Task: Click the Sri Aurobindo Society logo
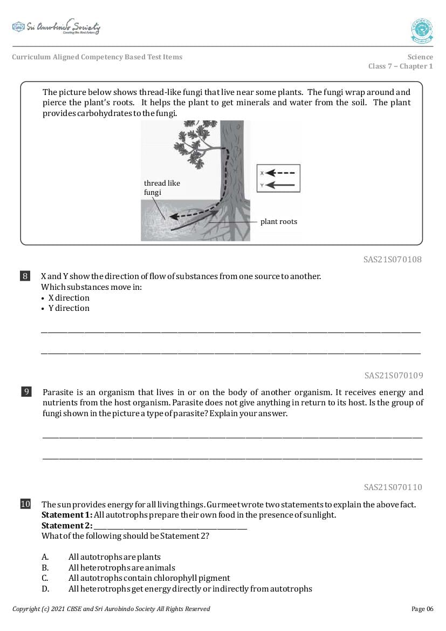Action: [56, 28]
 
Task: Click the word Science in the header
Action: [420, 57]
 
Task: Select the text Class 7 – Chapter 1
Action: [400, 66]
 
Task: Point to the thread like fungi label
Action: [161, 187]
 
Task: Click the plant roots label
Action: [278, 221]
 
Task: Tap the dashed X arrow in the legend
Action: [281, 173]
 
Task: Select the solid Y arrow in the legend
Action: [281, 185]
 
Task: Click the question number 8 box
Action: [25, 276]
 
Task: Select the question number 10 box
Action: [25, 505]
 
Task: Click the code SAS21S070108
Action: [393, 260]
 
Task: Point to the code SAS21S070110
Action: [393, 487]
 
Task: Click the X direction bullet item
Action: [68, 298]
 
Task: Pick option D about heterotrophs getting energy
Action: [190, 589]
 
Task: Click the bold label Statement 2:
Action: [66, 526]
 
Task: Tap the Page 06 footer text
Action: [422, 609]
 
